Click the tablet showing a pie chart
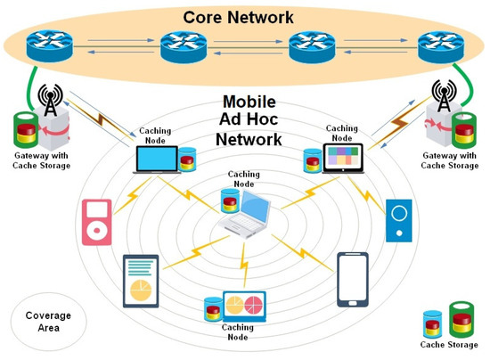[140, 282]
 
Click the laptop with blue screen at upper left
[155, 160]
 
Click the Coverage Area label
[41, 322]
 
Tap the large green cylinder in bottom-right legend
[461, 319]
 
